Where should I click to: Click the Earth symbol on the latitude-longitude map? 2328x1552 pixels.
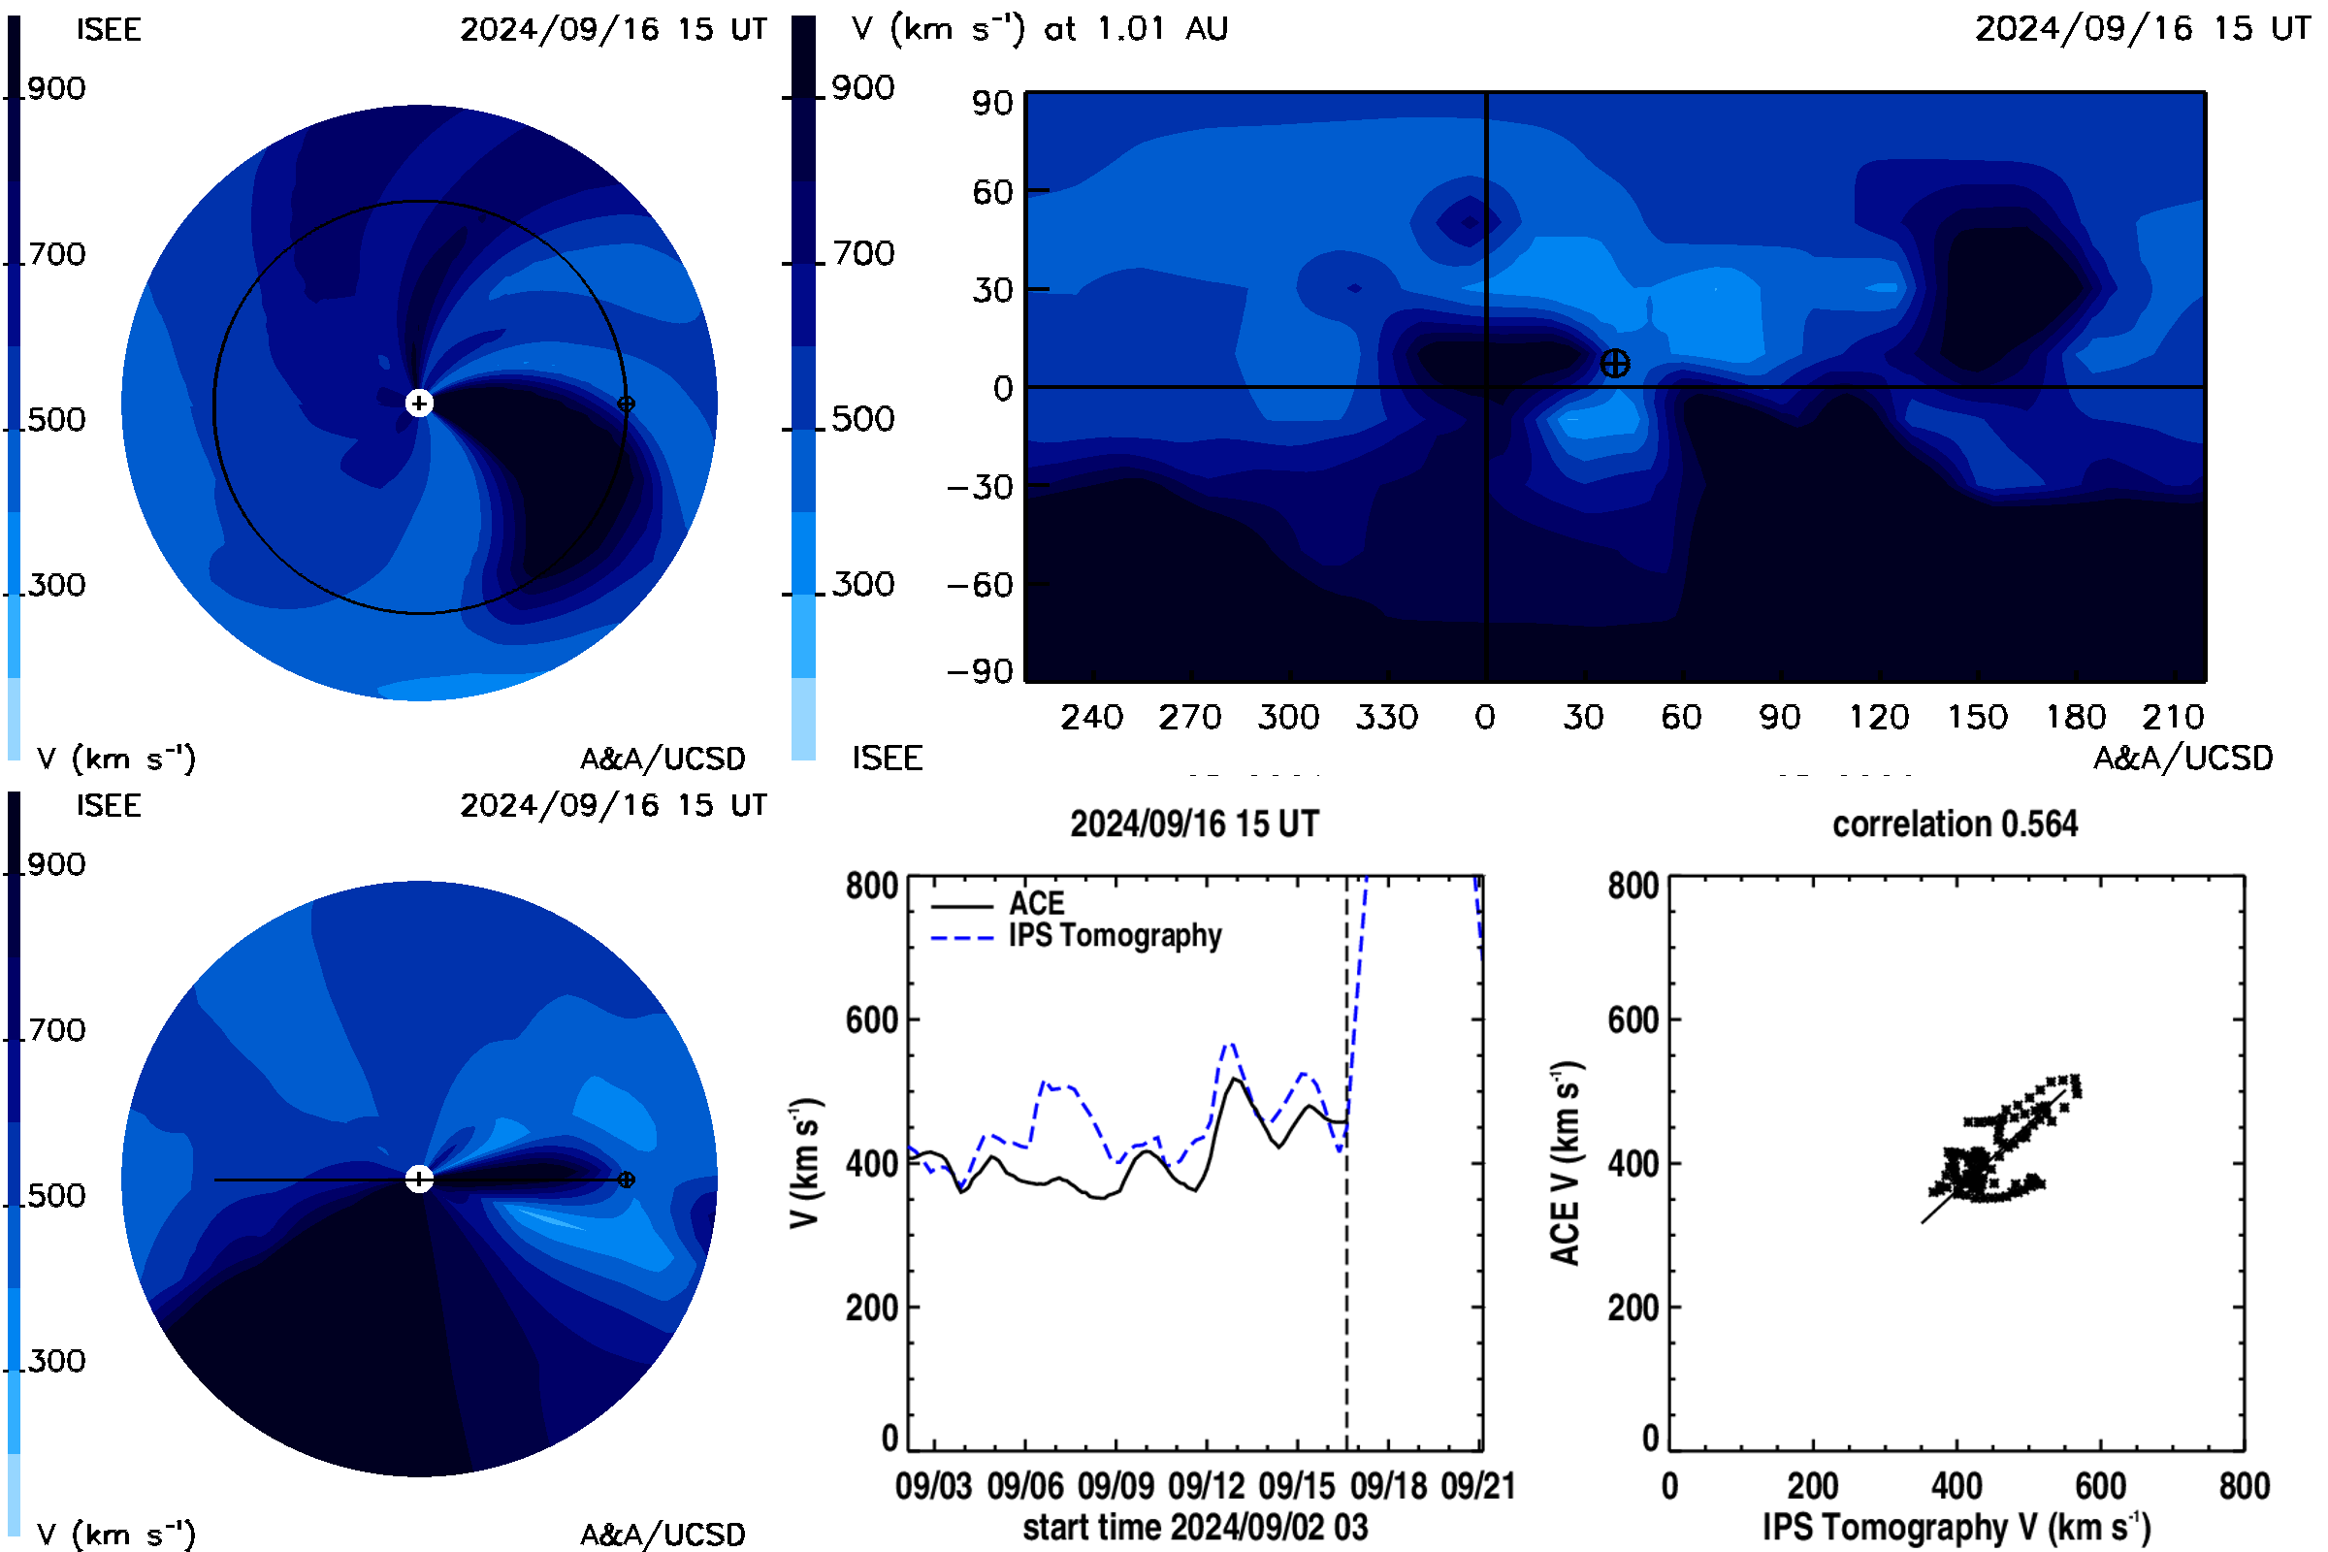1614,363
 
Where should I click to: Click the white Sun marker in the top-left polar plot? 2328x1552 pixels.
420,403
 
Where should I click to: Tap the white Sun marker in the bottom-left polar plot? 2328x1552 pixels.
420,1179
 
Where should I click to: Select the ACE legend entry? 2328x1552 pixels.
998,904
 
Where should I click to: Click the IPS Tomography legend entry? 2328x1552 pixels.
1077,936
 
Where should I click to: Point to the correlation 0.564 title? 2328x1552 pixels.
1955,824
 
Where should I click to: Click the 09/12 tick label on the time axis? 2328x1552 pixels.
1207,1486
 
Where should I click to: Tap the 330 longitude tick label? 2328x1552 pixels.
1387,717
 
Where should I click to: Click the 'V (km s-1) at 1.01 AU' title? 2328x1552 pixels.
1039,29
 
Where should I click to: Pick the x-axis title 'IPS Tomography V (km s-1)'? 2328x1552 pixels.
1956,1527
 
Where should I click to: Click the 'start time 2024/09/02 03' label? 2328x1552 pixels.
1195,1527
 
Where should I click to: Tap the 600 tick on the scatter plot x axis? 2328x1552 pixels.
2100,1486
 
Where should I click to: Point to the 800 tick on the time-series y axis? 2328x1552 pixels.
872,885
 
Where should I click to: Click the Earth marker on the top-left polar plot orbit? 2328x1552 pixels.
626,404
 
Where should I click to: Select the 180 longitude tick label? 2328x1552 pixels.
2076,717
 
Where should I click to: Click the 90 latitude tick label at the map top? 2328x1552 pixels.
992,103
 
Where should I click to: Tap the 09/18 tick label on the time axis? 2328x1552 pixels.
1389,1486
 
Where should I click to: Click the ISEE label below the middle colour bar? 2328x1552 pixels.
887,759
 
